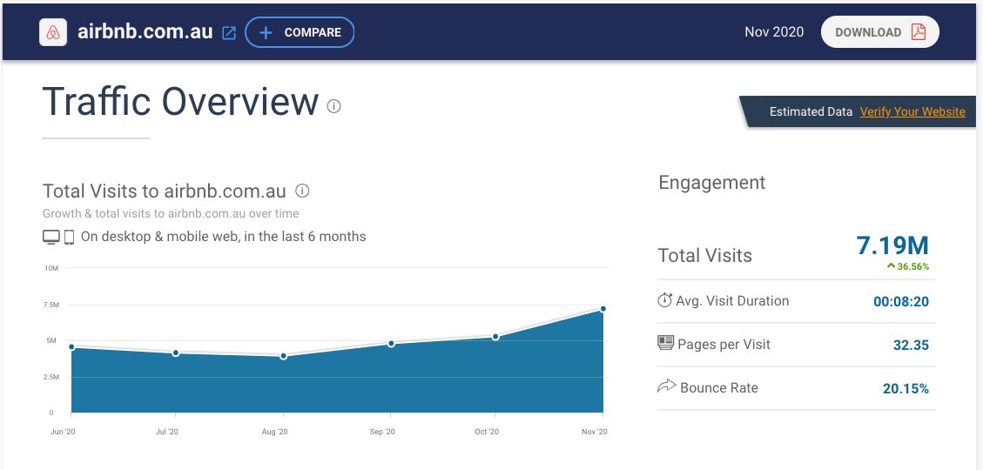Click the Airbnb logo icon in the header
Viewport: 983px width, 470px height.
(x=54, y=32)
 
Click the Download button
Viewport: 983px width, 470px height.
(x=879, y=32)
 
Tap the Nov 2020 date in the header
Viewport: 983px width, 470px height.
(x=774, y=32)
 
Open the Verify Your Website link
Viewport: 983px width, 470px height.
(x=912, y=111)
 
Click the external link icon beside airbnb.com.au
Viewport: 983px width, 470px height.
(x=229, y=33)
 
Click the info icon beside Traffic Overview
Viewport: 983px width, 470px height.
(x=333, y=106)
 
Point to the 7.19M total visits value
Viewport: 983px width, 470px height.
(x=892, y=246)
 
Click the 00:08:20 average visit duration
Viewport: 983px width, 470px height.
(x=901, y=302)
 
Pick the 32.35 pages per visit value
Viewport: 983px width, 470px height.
(x=911, y=346)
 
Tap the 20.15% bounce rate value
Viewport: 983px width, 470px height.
(x=906, y=389)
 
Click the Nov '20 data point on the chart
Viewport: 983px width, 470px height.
(x=603, y=309)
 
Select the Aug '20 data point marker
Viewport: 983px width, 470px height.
(x=284, y=356)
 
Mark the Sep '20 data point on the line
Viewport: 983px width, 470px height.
(x=391, y=344)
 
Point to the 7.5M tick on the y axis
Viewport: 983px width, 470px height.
(x=51, y=305)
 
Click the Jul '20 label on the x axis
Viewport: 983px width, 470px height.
(x=167, y=432)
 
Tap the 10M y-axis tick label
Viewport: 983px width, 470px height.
(x=51, y=268)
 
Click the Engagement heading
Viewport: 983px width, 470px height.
(x=711, y=183)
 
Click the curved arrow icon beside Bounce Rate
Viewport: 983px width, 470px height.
(x=666, y=386)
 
